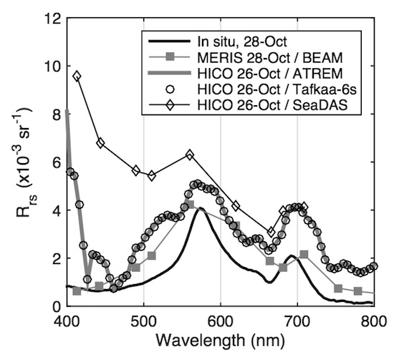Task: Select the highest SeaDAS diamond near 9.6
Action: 77,76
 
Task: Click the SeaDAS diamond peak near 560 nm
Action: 190,155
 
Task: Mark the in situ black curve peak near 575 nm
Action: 201,208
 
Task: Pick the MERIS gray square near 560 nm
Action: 190,205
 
